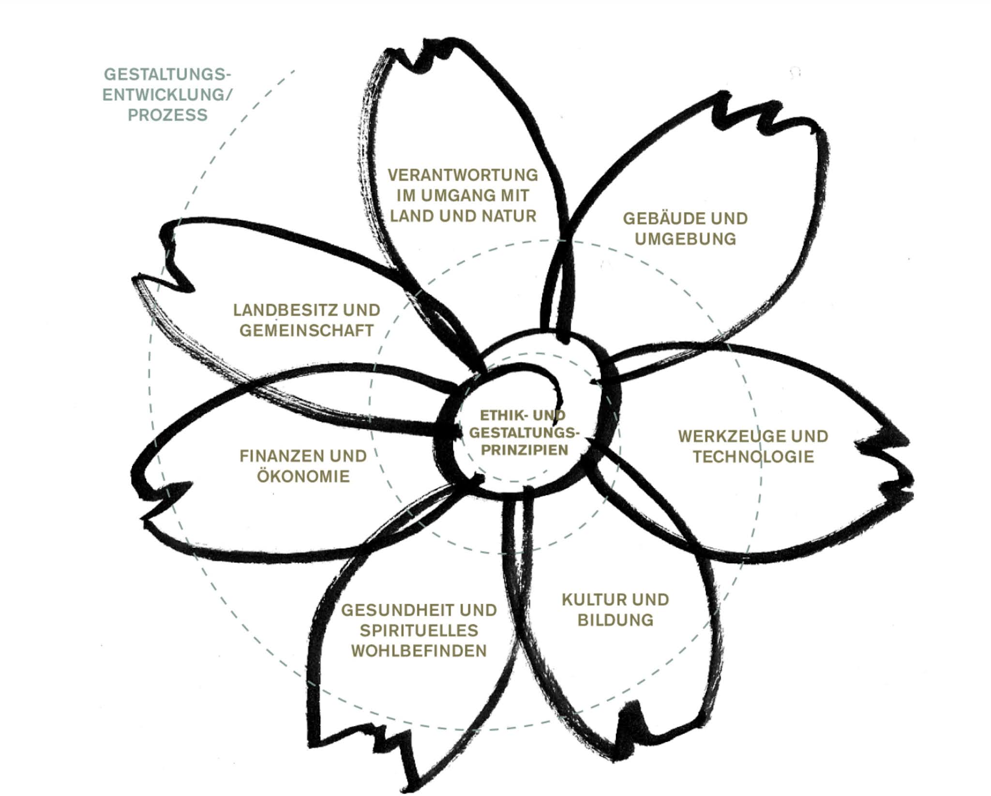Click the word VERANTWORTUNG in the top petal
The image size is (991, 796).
(x=463, y=175)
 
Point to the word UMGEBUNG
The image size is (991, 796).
(x=685, y=239)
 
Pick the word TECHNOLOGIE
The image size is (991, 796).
(x=753, y=457)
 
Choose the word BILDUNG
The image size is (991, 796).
(x=616, y=620)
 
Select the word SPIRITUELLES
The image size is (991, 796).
(x=419, y=631)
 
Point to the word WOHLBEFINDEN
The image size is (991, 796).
(x=419, y=651)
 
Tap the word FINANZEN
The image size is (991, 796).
(x=279, y=456)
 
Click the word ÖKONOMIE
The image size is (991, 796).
(x=303, y=477)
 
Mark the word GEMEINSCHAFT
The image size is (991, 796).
(x=306, y=330)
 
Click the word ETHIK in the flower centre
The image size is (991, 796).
(x=497, y=416)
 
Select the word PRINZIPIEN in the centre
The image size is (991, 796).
(x=525, y=450)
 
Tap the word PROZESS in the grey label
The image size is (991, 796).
(x=167, y=115)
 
